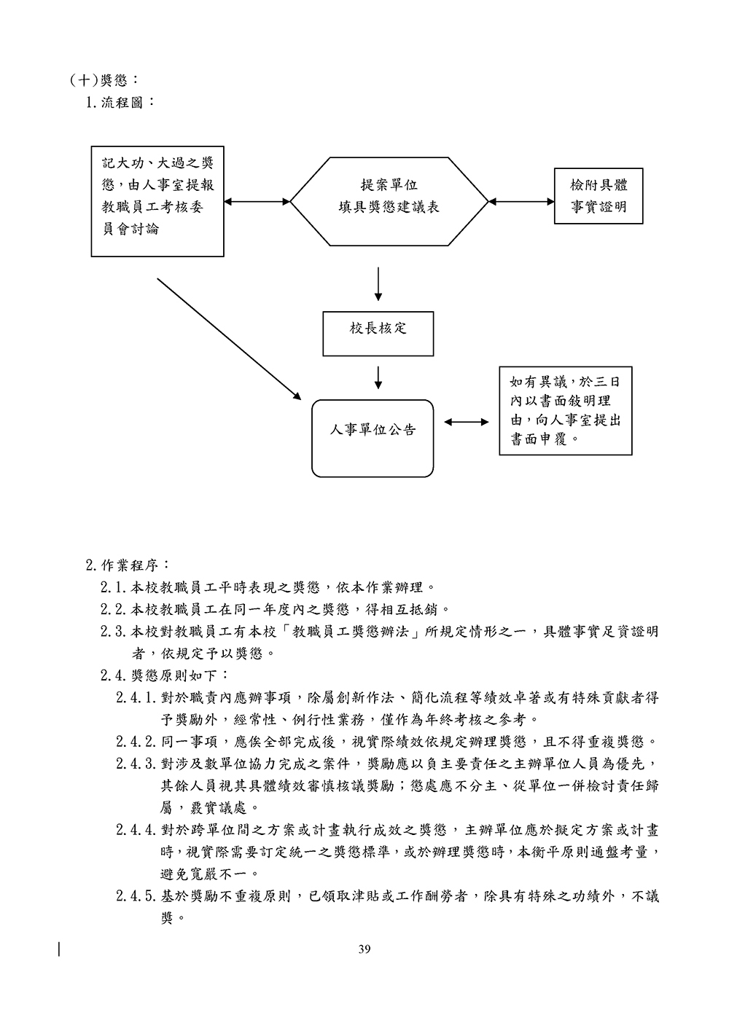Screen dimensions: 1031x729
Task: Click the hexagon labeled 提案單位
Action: point(389,197)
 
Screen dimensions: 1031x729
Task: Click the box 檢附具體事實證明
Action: point(598,197)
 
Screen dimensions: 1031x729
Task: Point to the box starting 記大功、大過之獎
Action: point(157,200)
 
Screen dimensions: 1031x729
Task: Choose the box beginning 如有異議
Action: point(565,411)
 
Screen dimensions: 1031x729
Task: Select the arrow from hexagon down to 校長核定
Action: point(378,285)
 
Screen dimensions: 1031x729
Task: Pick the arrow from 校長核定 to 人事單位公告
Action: point(378,377)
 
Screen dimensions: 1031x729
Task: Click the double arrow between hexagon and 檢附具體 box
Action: point(521,201)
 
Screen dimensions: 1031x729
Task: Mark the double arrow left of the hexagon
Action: point(257,201)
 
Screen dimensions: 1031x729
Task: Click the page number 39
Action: point(364,949)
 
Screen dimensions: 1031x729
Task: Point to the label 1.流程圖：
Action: point(120,102)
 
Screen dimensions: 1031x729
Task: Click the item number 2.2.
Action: point(114,608)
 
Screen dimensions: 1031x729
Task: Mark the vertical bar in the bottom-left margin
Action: point(59,948)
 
